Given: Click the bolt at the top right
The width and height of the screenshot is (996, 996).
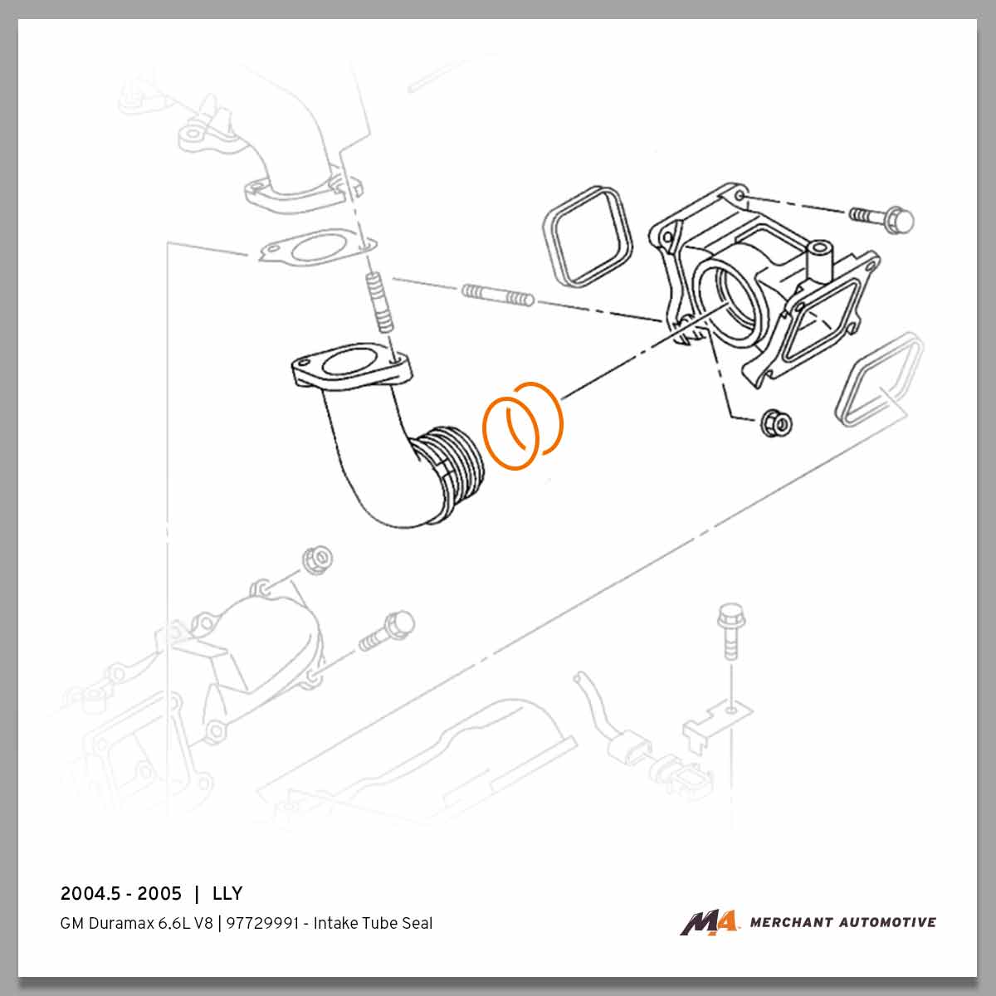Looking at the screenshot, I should click(x=882, y=218).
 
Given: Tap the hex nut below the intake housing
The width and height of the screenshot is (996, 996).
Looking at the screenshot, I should click(x=776, y=421).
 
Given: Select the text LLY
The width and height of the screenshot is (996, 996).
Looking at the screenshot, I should click(x=227, y=894).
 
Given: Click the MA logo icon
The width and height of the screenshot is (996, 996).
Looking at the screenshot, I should click(x=708, y=922).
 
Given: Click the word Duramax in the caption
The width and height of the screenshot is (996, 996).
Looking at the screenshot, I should click(x=110, y=923).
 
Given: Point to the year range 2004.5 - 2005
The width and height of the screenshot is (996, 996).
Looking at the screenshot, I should click(x=121, y=894).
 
